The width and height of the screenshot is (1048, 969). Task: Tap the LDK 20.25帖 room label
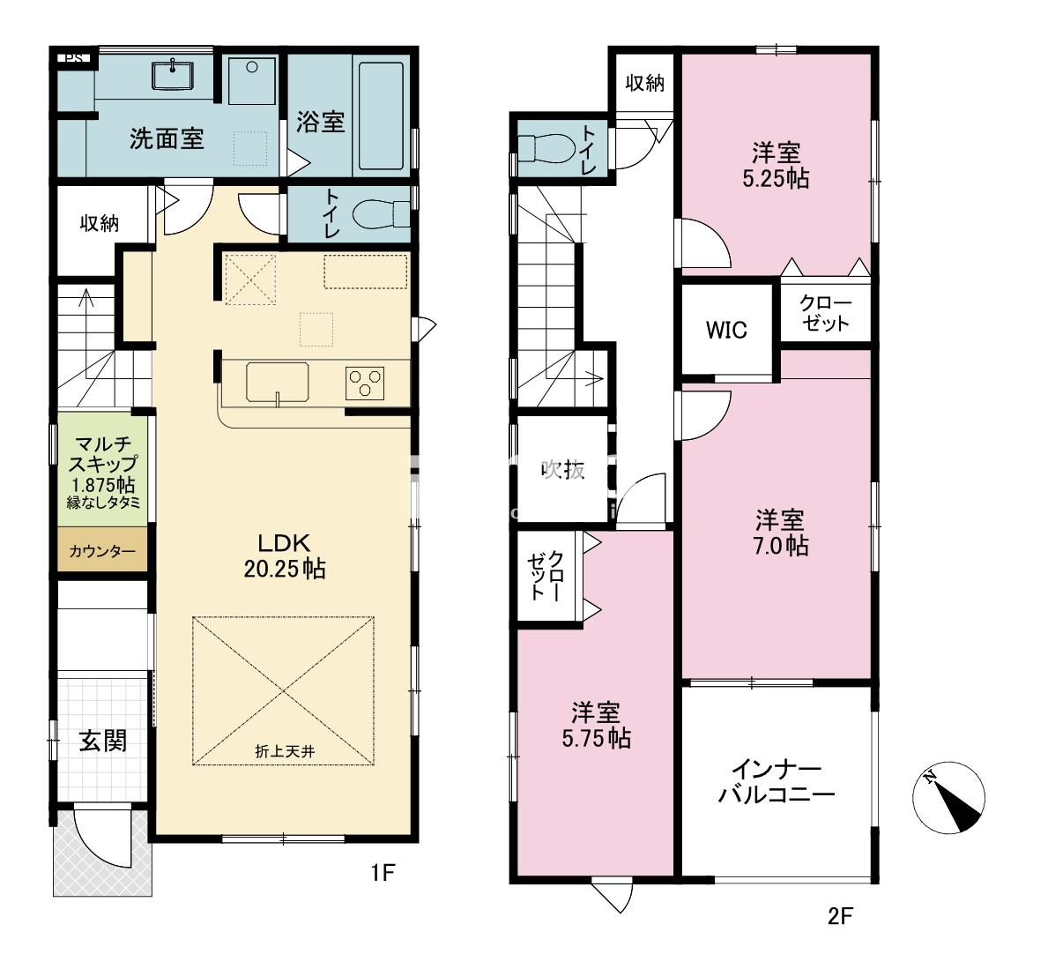[285, 555]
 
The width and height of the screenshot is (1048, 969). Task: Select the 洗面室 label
[167, 139]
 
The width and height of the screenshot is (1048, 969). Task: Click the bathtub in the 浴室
[381, 116]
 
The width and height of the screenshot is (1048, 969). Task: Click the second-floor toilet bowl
[546, 148]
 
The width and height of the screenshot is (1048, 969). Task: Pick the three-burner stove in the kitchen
[365, 384]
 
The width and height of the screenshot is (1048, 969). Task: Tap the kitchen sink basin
[278, 382]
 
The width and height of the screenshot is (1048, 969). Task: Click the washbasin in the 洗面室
[173, 75]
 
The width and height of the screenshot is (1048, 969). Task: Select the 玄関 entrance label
[103, 741]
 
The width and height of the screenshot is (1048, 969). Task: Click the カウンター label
[102, 552]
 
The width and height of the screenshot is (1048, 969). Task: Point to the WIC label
[726, 330]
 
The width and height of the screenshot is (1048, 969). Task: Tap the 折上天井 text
[285, 752]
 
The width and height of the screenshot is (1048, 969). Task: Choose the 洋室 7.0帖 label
[781, 533]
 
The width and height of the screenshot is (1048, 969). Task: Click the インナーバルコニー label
[777, 780]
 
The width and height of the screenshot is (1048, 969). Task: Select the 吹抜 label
[563, 469]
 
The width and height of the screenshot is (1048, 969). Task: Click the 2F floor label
[841, 915]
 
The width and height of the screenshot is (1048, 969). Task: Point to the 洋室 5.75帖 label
[596, 725]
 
